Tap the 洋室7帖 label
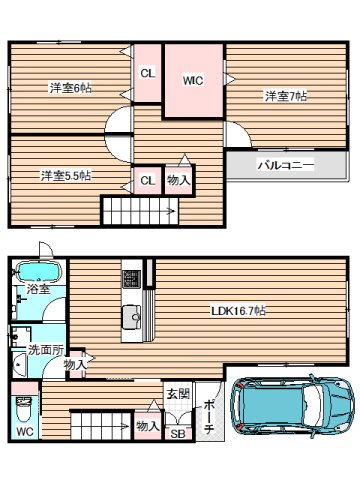tap(286, 96)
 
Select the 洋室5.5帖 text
tap(66, 176)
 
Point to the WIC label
tap(193, 82)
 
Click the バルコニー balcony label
tap(285, 163)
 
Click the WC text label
tap(24, 432)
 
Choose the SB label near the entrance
tap(177, 433)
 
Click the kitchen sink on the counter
tap(132, 318)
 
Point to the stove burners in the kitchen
tap(131, 276)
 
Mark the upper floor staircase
tap(140, 211)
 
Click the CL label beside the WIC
tap(147, 73)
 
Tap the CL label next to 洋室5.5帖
tap(147, 180)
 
